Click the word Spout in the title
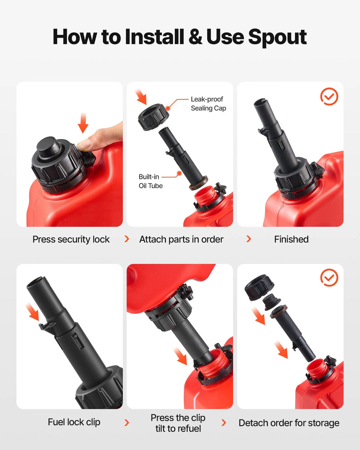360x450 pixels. pos(277,37)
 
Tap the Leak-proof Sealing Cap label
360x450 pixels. pos(208,103)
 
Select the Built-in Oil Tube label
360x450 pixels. pos(150,181)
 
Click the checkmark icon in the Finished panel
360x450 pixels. pos(329,96)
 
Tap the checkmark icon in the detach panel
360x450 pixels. pos(329,277)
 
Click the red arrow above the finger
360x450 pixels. pos(83,123)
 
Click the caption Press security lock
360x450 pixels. pos(71,239)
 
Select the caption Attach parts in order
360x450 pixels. pos(181,239)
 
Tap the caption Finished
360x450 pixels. pos(291,239)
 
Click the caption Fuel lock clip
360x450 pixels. pos(74,422)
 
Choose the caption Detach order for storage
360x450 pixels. pos(289,423)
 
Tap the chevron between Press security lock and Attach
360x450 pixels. pos(127,239)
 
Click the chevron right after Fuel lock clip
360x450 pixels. pos(127,423)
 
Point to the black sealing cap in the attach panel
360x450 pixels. pos(154,117)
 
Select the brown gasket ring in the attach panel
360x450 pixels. pos(198,183)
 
